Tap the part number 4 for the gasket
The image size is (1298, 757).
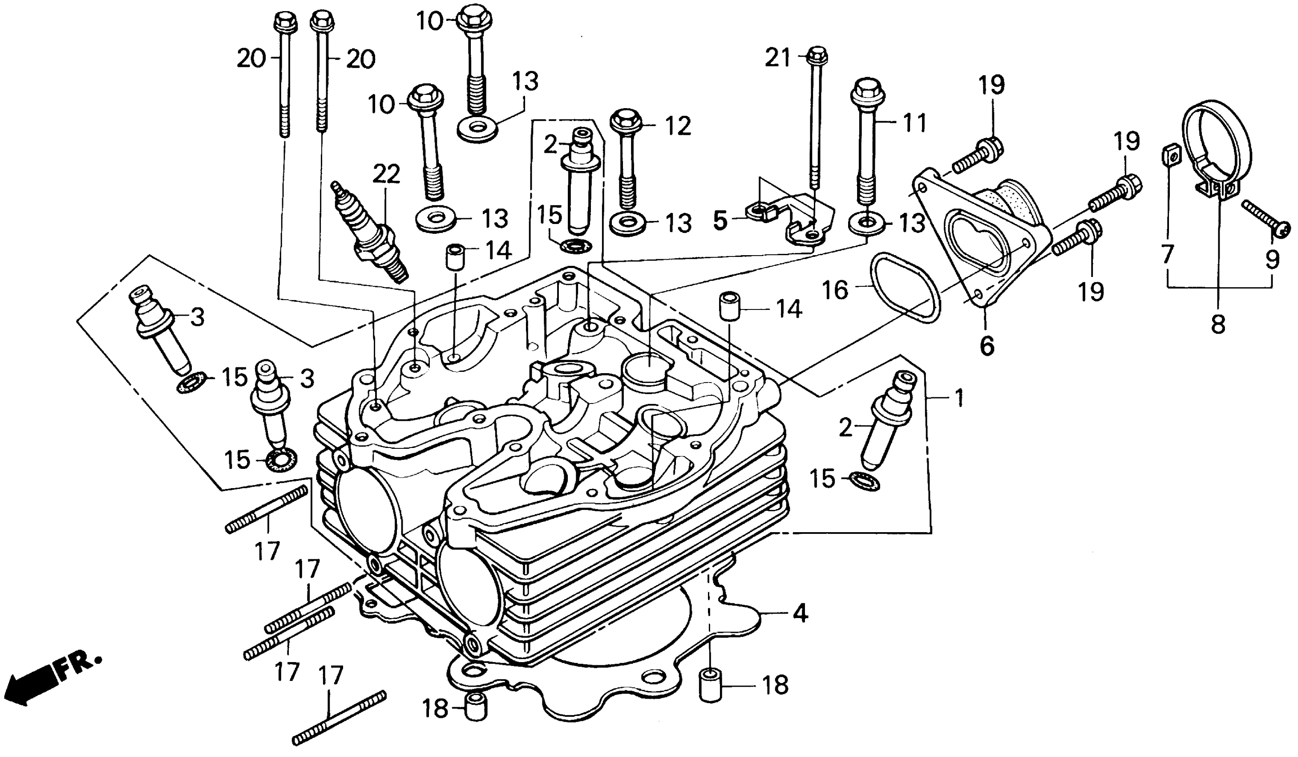[800, 614]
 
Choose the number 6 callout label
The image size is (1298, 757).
[986, 346]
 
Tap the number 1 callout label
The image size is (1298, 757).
[958, 399]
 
